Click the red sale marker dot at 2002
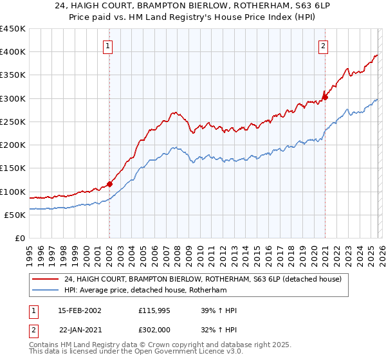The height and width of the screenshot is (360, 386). [109, 184]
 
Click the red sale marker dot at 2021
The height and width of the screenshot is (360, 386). [325, 98]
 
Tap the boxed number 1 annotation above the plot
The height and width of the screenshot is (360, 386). [107, 46]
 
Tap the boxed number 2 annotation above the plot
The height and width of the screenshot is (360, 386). [322, 46]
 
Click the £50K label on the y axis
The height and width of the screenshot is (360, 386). [15, 215]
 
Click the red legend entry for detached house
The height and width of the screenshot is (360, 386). [206, 278]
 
